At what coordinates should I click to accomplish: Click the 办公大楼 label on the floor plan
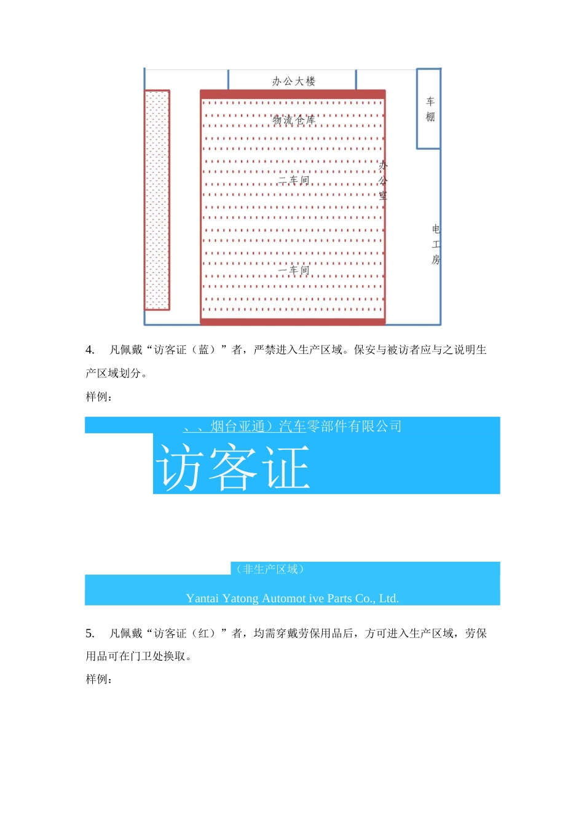click(293, 81)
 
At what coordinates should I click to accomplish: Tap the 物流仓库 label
click(294, 120)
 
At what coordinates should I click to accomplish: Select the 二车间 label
click(293, 180)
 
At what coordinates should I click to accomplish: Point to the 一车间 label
click(293, 270)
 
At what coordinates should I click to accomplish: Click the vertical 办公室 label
click(383, 181)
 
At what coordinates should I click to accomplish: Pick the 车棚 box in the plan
click(429, 109)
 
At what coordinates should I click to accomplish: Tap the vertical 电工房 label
click(436, 244)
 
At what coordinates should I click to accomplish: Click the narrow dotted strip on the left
click(157, 200)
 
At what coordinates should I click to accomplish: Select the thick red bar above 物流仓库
click(293, 94)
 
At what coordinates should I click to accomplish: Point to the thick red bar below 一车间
click(293, 321)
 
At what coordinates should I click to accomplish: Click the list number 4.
click(90, 350)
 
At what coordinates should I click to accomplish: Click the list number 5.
click(90, 634)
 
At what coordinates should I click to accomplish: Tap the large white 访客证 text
click(234, 468)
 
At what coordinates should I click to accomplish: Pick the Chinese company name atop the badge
click(293, 426)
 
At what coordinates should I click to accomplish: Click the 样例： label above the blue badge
click(99, 397)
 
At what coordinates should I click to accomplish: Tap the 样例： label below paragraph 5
click(99, 680)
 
